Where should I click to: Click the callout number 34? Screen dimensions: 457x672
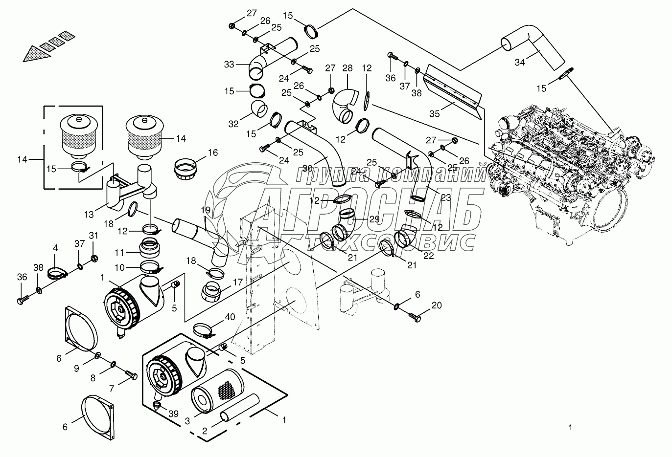pos(520,62)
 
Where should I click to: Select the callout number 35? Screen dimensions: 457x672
pos(434,114)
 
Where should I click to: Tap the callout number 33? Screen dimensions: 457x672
pos(229,64)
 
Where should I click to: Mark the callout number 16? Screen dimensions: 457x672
pos(212,152)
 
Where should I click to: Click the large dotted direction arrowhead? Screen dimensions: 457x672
pos(37,52)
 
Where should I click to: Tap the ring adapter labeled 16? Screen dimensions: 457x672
pos(186,169)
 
